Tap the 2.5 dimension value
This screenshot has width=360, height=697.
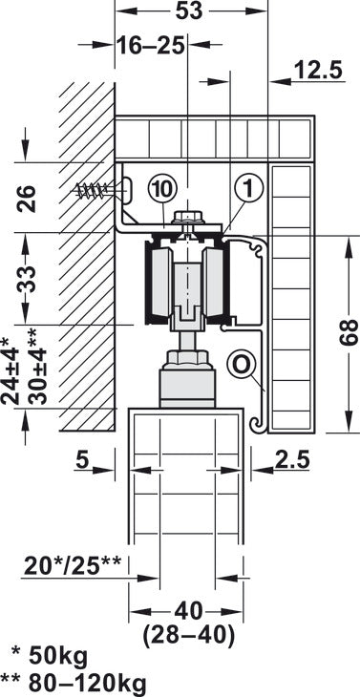[290, 459]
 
